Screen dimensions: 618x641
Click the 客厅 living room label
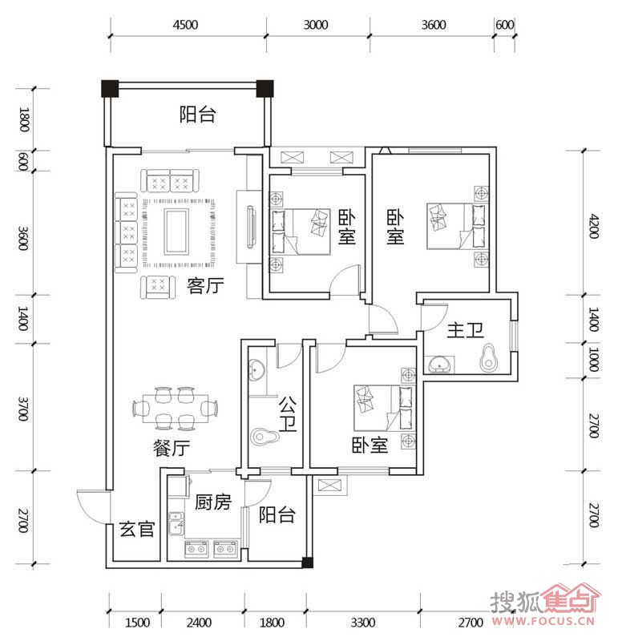(205, 285)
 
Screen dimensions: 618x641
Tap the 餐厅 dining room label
(172, 448)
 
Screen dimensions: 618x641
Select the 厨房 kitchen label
(213, 502)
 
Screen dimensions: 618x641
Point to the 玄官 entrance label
(137, 529)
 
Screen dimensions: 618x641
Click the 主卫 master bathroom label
(466, 330)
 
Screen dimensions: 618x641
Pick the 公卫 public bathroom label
(288, 413)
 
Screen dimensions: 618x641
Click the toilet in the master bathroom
(488, 357)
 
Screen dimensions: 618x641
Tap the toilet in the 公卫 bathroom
(265, 437)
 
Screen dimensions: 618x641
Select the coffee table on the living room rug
(176, 232)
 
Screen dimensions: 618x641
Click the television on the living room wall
(251, 228)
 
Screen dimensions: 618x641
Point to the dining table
(175, 409)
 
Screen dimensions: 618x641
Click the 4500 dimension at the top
(185, 25)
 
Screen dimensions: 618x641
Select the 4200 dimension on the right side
(594, 226)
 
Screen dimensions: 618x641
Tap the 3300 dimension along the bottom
(363, 623)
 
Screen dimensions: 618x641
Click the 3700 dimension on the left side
(23, 408)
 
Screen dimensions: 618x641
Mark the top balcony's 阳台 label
(197, 115)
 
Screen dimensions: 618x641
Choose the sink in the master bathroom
(439, 364)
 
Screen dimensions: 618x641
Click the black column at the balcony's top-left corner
(110, 88)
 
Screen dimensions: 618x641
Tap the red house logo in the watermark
(571, 599)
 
